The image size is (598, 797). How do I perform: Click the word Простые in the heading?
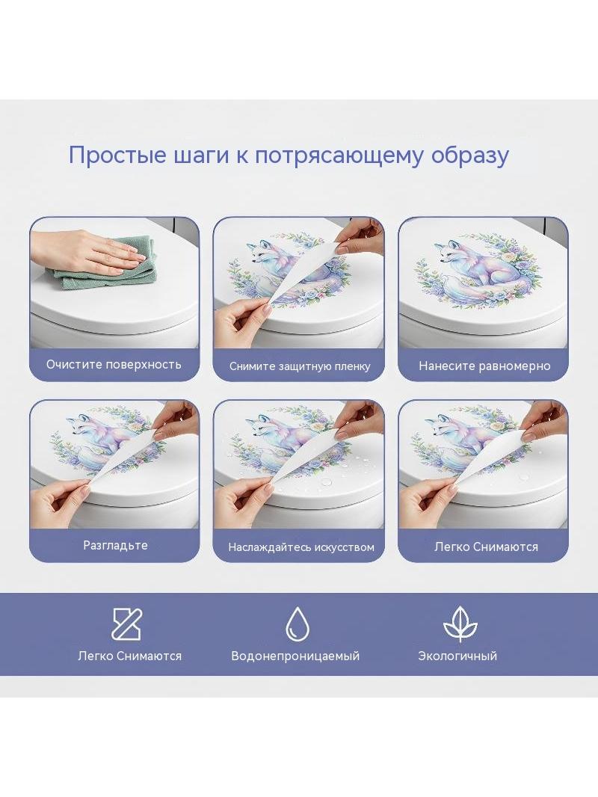coord(117,155)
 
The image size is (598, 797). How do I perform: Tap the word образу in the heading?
coord(470,156)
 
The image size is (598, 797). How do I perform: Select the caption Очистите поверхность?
coord(114,364)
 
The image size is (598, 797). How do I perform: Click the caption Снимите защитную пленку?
coord(300,366)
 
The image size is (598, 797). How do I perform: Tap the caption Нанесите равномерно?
coord(484,366)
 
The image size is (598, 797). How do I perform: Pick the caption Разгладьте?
coord(115,545)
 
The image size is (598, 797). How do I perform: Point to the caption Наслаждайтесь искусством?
coord(301,547)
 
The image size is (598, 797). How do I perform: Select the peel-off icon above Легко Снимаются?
coord(126,624)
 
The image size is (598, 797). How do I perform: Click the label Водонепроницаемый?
coord(295,656)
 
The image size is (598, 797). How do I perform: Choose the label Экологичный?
coord(457,656)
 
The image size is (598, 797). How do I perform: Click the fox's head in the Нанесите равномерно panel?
coord(448,253)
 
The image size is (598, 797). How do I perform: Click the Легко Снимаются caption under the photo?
coord(486,547)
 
